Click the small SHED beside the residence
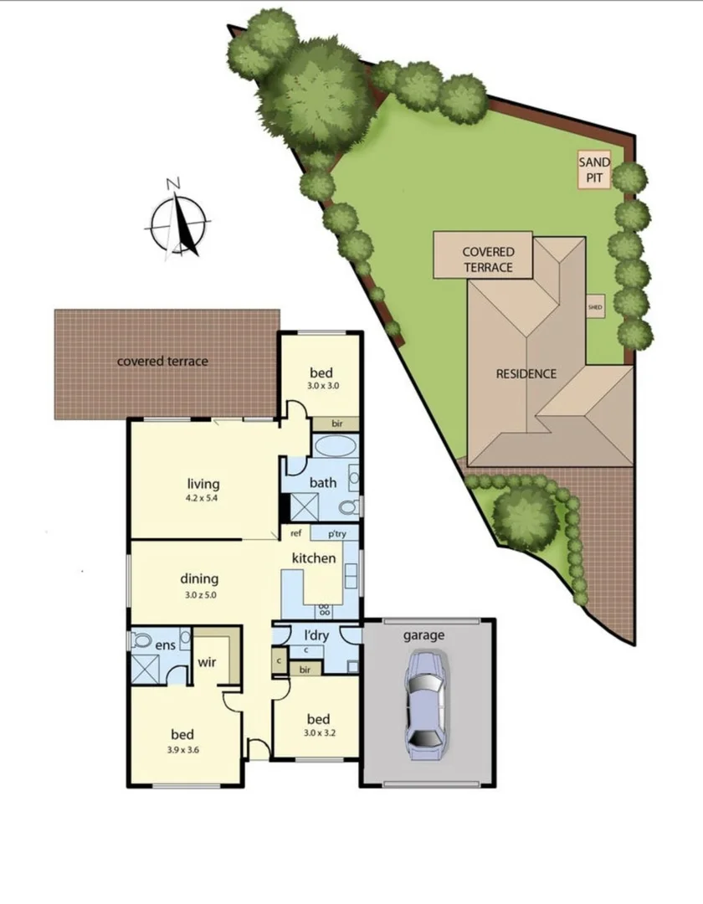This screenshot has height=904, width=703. [x=595, y=306]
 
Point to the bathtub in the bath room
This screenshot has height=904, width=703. [x=334, y=445]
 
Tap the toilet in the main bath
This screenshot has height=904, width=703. [x=351, y=506]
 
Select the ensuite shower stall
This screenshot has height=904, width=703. [x=145, y=669]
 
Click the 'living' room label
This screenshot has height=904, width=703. [x=203, y=483]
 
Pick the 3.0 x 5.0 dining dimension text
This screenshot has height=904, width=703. [x=199, y=595]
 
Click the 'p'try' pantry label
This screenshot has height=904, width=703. [x=336, y=533]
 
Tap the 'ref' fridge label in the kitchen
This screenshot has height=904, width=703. [x=295, y=533]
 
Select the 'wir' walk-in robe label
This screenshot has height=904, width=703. [x=207, y=662]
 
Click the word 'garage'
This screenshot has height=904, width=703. [x=423, y=635]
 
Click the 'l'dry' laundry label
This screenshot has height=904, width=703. [x=316, y=635]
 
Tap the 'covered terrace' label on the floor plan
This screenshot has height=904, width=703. [x=162, y=362]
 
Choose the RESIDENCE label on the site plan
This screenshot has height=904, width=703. [x=526, y=373]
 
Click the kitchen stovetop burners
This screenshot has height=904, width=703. [x=325, y=610]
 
